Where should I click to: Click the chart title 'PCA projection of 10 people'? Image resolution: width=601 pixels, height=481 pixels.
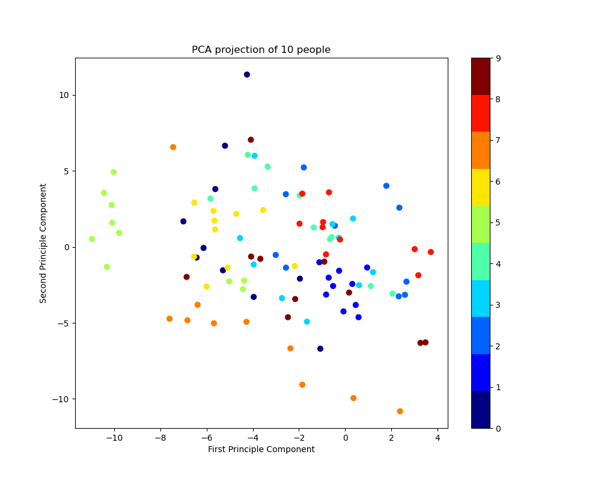[261, 50]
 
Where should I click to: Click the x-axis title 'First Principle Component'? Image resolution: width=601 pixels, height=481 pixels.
[261, 449]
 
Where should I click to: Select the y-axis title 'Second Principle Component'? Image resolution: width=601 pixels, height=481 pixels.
[43, 243]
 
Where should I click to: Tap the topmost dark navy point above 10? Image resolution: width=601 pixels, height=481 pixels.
[247, 75]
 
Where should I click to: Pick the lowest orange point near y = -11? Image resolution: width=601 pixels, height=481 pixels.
[400, 411]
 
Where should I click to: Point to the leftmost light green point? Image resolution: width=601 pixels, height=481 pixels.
[92, 239]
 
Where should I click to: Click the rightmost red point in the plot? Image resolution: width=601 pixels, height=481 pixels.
[430, 252]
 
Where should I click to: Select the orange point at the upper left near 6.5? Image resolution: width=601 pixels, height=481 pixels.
[173, 147]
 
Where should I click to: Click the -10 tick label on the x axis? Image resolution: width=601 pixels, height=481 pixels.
[114, 437]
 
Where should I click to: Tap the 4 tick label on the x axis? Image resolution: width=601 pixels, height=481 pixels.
[438, 437]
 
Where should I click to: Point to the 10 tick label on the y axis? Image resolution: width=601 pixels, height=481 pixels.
[64, 95]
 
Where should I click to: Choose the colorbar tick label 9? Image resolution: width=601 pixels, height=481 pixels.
[498, 58]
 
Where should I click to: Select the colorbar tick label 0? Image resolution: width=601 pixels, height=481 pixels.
[498, 428]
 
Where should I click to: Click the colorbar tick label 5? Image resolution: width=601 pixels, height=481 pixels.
[498, 223]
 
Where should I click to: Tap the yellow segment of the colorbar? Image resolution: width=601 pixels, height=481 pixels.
[480, 187]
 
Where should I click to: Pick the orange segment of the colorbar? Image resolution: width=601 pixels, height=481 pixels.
[480, 150]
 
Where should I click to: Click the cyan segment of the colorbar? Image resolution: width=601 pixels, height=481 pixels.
[480, 298]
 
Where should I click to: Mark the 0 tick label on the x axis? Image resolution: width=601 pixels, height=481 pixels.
[345, 437]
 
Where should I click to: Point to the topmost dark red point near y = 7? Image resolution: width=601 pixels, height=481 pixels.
[251, 139]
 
